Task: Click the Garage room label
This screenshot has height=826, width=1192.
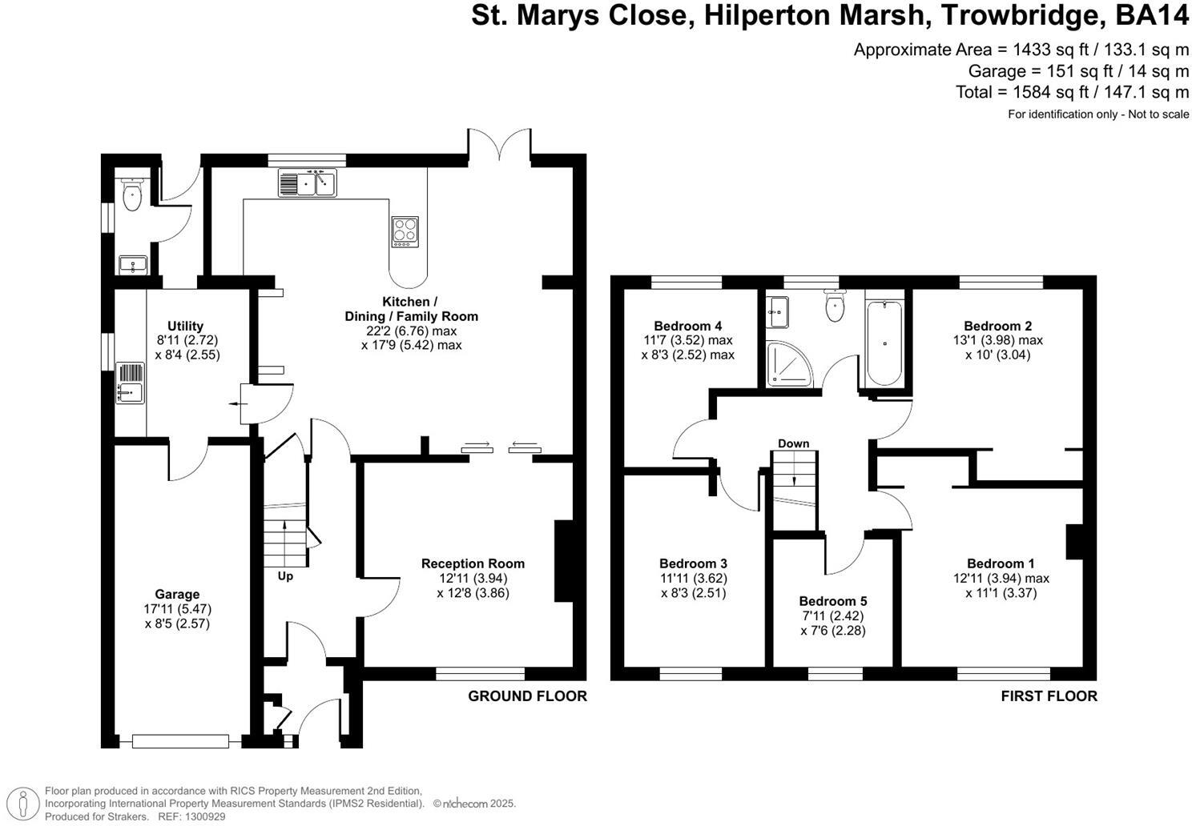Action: point(177,594)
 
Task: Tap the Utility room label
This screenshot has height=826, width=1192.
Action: point(185,326)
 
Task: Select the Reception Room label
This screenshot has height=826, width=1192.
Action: point(473,563)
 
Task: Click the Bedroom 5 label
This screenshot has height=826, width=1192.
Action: point(832,601)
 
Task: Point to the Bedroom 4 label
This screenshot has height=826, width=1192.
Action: point(687,326)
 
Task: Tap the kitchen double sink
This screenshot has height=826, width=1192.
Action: point(308,183)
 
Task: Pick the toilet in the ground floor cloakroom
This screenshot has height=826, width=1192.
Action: point(132,194)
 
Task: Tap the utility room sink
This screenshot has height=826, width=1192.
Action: point(130,383)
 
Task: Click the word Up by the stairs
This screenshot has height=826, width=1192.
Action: point(285,576)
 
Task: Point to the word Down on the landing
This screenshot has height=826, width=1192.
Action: point(793,443)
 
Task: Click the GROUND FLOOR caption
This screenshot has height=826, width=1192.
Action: point(527,696)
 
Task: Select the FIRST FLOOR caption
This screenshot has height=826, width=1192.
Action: point(1049,696)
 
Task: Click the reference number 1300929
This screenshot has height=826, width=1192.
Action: point(203,816)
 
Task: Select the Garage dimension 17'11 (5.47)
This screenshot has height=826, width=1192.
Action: point(177,609)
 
